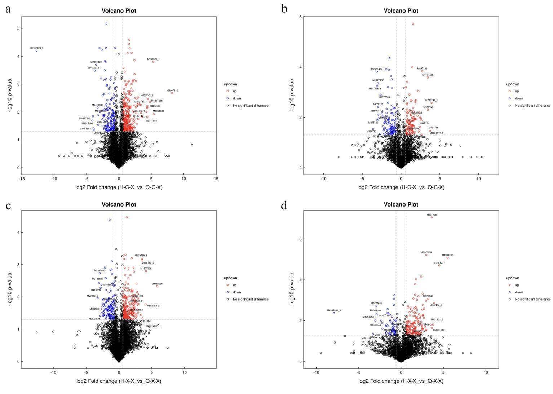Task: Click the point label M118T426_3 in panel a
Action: point(36,48)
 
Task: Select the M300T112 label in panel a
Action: point(172,90)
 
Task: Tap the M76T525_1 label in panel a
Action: point(153,59)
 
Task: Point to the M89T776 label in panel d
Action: point(432,215)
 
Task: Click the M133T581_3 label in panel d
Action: point(333,310)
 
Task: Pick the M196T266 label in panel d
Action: point(447,255)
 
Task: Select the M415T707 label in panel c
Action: point(157,284)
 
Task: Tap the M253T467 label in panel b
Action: point(377,69)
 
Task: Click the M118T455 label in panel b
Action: point(428,75)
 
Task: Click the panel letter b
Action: point(284,9)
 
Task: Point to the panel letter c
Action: point(8,205)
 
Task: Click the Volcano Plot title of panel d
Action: point(401,204)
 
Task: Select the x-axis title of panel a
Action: point(119,187)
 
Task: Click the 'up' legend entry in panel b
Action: point(517,91)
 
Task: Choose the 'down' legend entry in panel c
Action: point(237,292)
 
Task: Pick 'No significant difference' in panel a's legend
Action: point(251,106)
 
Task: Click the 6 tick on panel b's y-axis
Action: point(300,17)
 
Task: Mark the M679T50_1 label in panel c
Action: point(141,256)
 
